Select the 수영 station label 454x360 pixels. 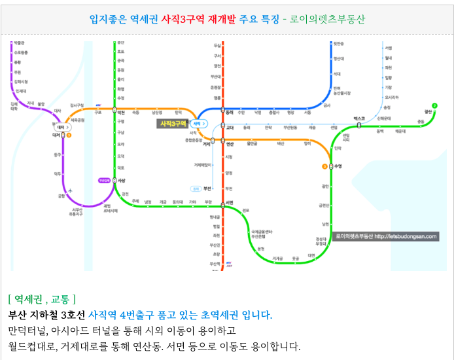[338, 166]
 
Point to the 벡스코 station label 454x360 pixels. [359, 118]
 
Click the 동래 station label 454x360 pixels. [230, 112]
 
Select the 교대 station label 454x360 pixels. [230, 128]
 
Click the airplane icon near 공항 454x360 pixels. [70, 190]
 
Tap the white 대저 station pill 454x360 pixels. [61, 127]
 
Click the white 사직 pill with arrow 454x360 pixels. [198, 123]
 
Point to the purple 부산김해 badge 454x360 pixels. [104, 180]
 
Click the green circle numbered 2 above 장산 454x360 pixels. [434, 105]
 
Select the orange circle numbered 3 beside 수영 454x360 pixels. [324, 166]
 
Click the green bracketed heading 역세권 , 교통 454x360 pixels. [43, 299]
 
